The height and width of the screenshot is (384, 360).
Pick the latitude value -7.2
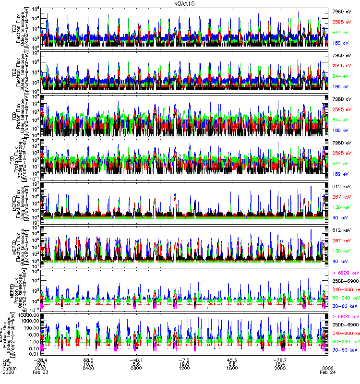pos(185,359)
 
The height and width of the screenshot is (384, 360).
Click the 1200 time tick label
pos(185,369)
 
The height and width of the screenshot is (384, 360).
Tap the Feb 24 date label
pos(327,373)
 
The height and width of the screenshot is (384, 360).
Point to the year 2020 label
pos(8,373)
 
